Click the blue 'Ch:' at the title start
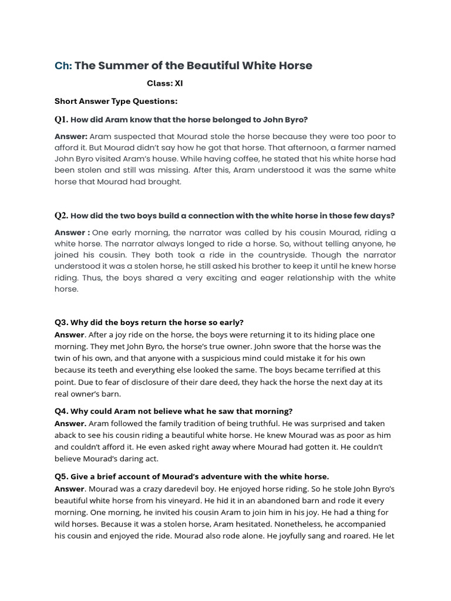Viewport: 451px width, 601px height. [63, 66]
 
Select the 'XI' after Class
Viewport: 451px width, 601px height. [179, 83]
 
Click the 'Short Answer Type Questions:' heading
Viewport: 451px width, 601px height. [116, 101]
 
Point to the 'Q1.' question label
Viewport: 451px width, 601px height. [61, 120]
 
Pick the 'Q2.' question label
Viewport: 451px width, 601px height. [61, 215]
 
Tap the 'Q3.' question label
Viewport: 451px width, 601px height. [62, 322]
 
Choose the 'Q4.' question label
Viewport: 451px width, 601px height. [62, 410]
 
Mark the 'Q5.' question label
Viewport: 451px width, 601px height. [62, 475]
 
